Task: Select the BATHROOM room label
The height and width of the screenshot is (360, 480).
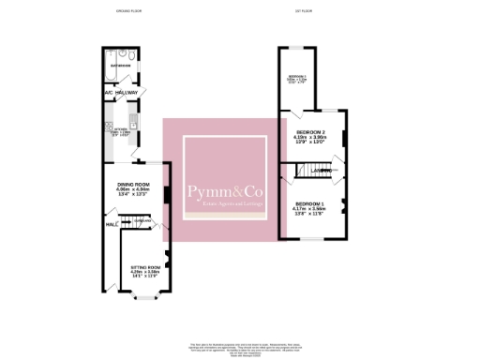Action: point(121,67)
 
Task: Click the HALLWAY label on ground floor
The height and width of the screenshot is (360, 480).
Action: point(127,93)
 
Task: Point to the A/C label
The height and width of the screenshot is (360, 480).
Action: point(109,93)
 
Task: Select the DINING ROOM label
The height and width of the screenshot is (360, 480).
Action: point(133,184)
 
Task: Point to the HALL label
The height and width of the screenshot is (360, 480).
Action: point(110,225)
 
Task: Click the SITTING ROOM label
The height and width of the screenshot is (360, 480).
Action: point(145,267)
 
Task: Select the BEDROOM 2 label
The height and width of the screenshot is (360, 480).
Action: point(310,132)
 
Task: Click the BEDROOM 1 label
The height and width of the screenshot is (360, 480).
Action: point(309,203)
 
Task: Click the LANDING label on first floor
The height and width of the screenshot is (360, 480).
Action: point(329,171)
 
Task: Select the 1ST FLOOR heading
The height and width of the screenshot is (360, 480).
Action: point(300,12)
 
